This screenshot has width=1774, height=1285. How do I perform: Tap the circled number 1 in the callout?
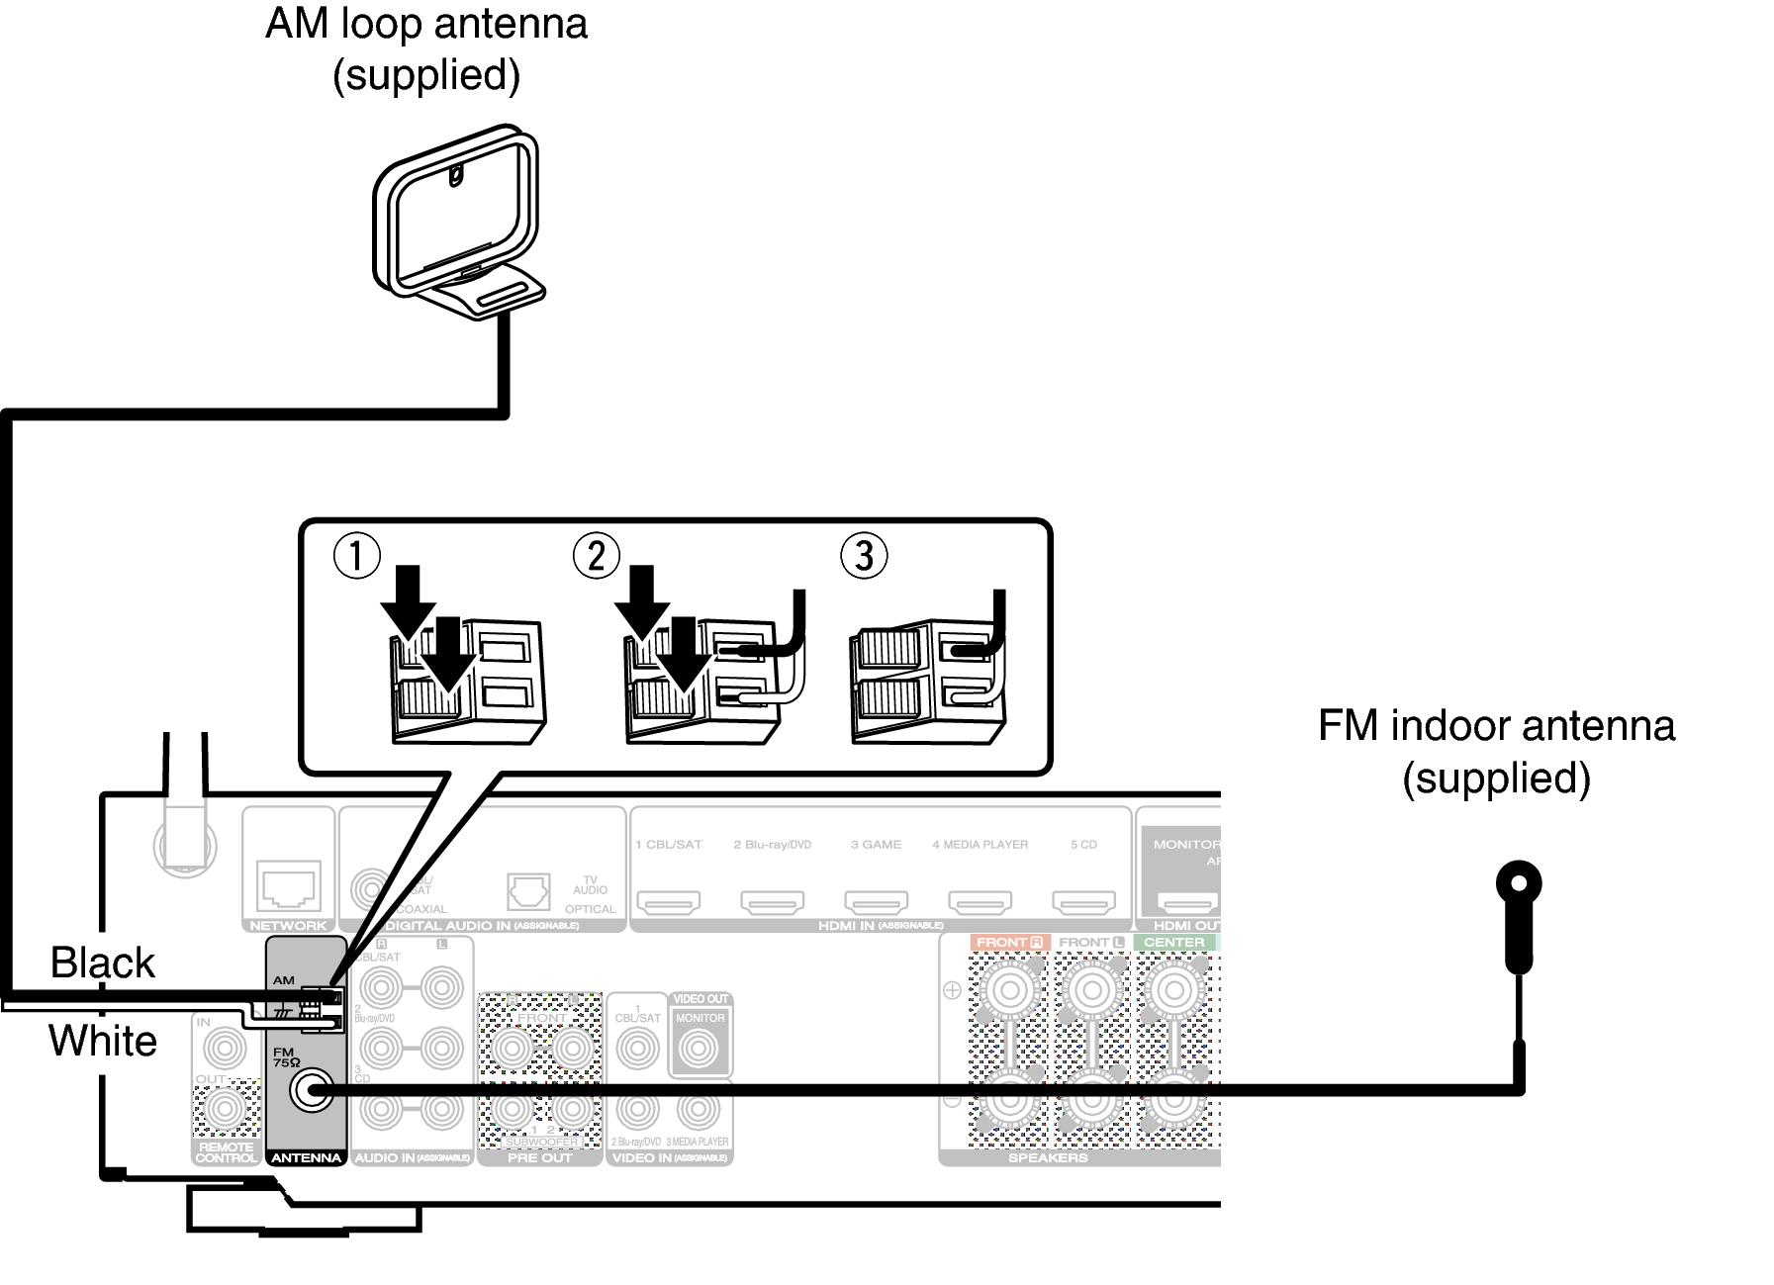[356, 556]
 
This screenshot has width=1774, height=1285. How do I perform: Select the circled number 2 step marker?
[597, 556]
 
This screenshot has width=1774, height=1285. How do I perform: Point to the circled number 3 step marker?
[864, 556]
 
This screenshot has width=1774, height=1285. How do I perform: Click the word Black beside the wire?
[102, 963]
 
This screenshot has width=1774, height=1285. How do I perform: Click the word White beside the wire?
[102, 1041]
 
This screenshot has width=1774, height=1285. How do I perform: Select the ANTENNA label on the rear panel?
[306, 1157]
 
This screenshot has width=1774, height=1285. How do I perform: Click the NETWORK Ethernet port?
[288, 885]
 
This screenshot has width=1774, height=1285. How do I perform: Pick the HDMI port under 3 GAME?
[876, 901]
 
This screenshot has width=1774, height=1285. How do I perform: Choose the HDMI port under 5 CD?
[1082, 901]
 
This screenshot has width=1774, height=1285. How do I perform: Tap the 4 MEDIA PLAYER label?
[980, 845]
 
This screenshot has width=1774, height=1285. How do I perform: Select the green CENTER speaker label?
[1173, 943]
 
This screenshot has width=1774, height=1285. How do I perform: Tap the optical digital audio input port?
[527, 891]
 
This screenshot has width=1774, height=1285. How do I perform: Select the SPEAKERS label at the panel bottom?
[1047, 1157]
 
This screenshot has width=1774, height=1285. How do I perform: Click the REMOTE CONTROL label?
[226, 1152]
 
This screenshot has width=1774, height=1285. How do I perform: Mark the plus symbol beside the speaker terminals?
[952, 989]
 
